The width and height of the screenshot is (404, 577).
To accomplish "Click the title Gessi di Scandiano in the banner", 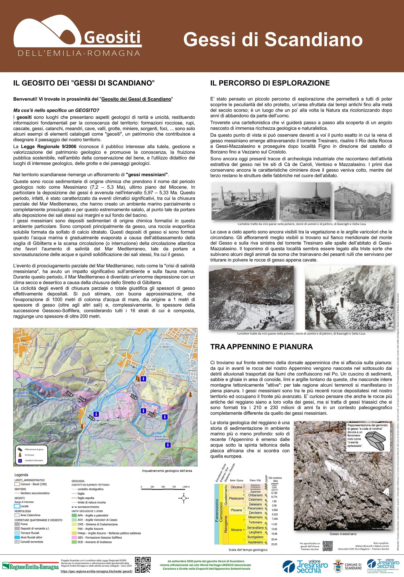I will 273,39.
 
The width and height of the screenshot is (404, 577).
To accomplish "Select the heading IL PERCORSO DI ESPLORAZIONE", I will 270,83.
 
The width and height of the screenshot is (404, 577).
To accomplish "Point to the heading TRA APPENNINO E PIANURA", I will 261,347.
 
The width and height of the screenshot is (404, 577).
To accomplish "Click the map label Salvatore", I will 49,334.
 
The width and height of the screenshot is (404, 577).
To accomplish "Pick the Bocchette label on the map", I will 49,423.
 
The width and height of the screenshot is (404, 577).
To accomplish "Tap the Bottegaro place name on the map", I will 165,457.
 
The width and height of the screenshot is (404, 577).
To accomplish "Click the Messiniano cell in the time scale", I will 255,517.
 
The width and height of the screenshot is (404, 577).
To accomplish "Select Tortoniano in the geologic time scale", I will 255,522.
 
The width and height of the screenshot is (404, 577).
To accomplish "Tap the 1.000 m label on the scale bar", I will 186,487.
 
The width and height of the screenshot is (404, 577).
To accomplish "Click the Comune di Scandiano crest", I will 338,566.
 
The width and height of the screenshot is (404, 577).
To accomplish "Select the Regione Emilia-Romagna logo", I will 31,567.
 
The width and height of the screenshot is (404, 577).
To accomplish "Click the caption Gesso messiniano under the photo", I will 343,534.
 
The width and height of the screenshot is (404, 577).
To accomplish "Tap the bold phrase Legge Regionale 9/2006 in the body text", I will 48,147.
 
